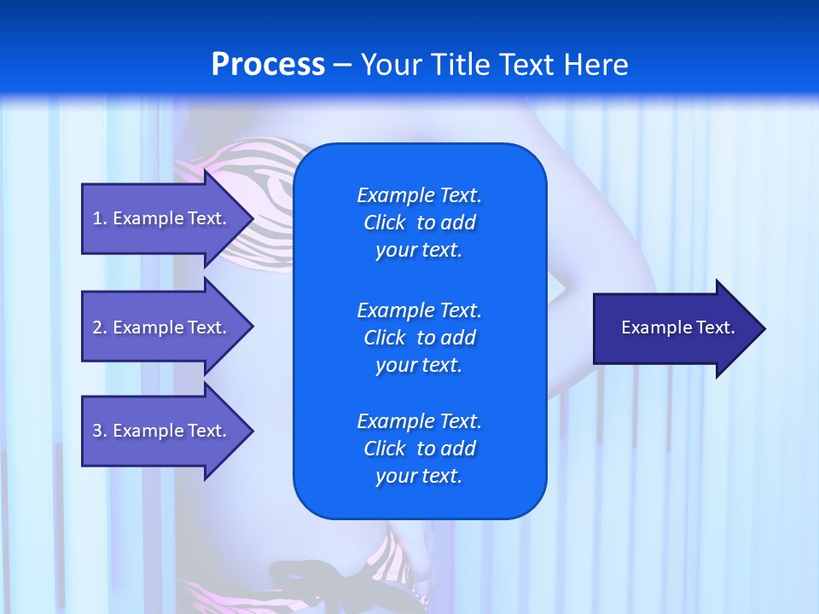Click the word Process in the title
pos(268,65)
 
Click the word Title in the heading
pos(461,65)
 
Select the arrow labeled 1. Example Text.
pos(162,218)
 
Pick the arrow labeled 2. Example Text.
pos(162,327)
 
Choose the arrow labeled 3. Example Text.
pos(162,431)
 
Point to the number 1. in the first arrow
pos(100,218)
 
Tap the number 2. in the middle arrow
pos(100,327)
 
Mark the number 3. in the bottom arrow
pos(100,431)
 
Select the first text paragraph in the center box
pos(419,223)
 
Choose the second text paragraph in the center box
pos(419,337)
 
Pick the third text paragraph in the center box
pos(419,449)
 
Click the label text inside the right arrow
pos(678,327)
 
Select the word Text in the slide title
pos(528,65)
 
